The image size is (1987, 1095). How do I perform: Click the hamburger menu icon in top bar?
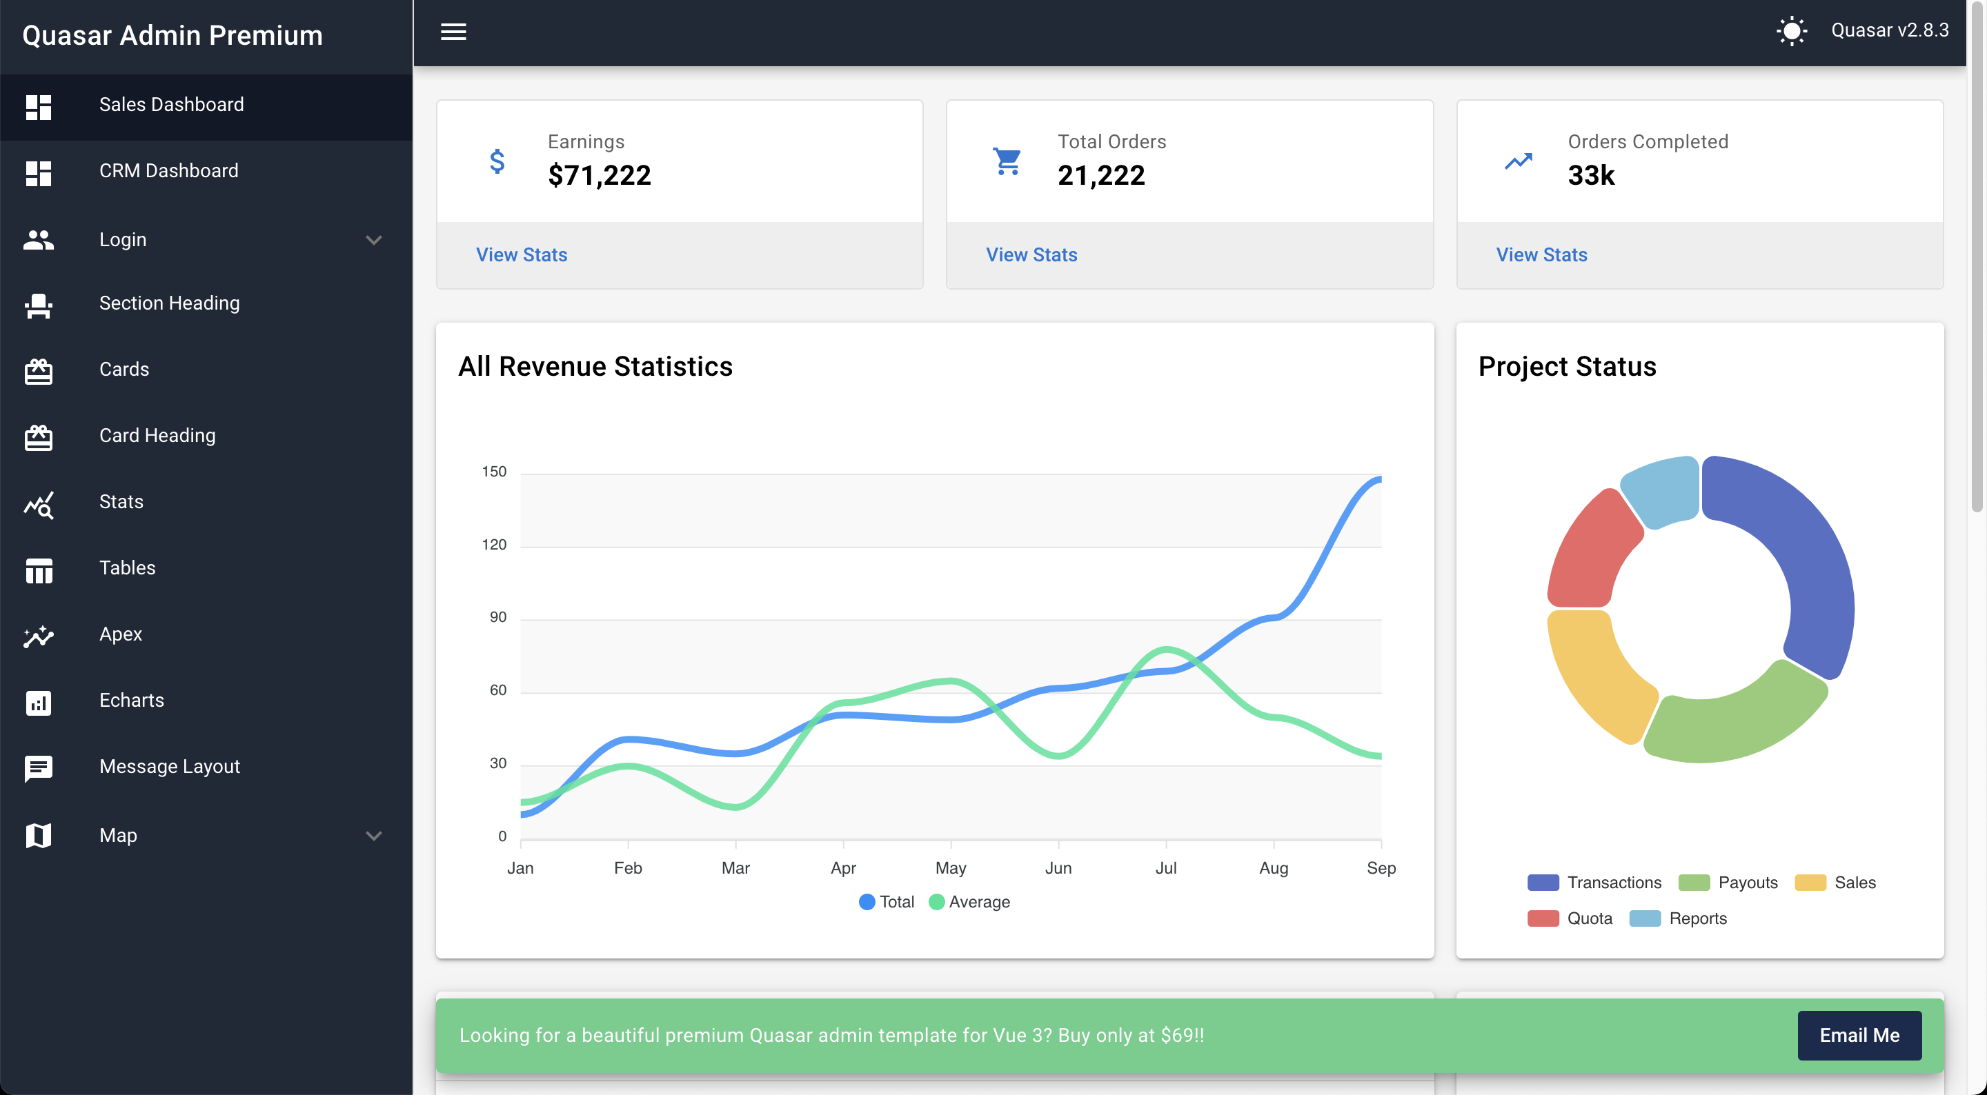(453, 32)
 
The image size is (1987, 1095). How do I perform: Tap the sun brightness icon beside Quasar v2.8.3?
(1791, 31)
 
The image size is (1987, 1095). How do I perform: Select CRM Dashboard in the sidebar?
(168, 171)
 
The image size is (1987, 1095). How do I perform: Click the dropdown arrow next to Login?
(374, 240)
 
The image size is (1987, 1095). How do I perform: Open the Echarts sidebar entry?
(131, 700)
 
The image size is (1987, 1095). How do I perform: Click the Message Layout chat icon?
(38, 767)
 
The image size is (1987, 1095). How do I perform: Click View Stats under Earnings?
(522, 254)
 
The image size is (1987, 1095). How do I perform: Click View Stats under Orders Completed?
(1541, 254)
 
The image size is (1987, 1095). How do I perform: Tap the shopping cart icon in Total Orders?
(1007, 161)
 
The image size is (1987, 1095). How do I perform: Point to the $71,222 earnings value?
(600, 176)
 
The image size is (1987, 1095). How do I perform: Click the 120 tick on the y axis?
(494, 545)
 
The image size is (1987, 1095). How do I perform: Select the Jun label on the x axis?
(1058, 867)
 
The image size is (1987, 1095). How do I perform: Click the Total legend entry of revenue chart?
(887, 901)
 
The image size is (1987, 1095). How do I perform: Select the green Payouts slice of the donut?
(1736, 717)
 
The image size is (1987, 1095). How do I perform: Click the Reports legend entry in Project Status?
(1679, 918)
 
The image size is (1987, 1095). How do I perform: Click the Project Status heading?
(1567, 366)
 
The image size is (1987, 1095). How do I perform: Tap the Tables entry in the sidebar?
(127, 568)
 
